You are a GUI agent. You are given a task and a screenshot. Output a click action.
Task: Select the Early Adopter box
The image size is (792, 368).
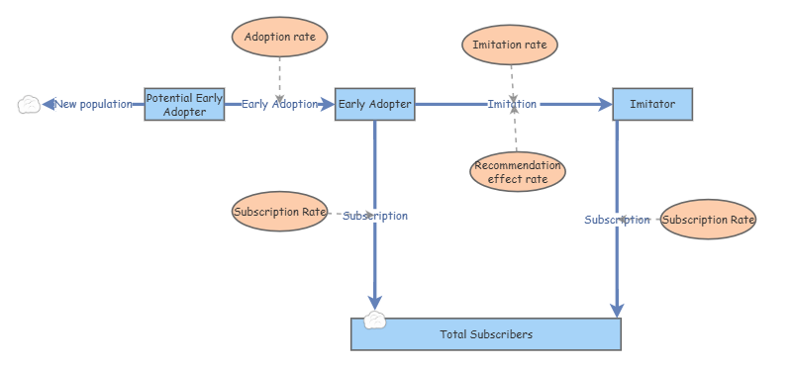tap(374, 104)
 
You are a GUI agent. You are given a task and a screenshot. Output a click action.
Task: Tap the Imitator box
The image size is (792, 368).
tap(652, 104)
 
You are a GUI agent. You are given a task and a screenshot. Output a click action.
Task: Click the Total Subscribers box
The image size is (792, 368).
tap(486, 334)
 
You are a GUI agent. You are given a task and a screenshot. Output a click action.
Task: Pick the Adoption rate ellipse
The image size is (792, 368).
tap(279, 38)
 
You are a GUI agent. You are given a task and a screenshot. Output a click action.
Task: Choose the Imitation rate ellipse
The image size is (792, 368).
tap(511, 45)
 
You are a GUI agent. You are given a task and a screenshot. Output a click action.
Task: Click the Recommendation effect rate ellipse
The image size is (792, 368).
tap(517, 172)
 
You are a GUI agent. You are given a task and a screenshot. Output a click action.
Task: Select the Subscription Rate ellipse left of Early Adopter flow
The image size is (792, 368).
tap(279, 211)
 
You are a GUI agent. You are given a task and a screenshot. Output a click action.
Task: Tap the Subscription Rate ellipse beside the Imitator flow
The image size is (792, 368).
tap(707, 219)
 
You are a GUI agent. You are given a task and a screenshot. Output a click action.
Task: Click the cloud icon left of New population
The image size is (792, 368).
tap(30, 104)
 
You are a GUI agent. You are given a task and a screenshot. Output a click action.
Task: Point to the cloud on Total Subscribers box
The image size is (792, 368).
tap(374, 319)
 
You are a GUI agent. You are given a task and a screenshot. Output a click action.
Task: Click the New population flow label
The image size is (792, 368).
tap(93, 104)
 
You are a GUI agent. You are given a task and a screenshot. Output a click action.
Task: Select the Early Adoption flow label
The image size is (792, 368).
tap(280, 104)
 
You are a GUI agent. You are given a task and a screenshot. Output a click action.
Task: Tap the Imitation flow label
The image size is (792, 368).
tap(512, 104)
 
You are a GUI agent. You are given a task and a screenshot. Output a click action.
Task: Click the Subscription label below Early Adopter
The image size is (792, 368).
tap(375, 216)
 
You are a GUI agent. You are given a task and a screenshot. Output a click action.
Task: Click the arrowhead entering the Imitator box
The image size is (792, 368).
tap(605, 104)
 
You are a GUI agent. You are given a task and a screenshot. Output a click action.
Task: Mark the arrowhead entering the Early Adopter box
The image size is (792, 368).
tap(327, 104)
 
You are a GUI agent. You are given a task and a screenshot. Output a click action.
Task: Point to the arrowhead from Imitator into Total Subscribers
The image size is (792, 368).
tap(617, 311)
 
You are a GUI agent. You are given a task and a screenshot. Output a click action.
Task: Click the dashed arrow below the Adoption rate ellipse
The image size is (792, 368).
tap(280, 79)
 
